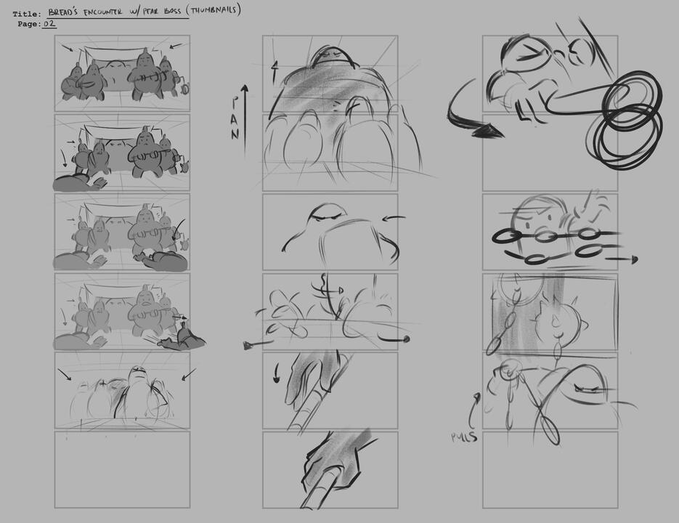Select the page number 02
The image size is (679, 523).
49,24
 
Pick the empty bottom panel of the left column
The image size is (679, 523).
122,469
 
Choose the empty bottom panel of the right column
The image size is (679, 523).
550,469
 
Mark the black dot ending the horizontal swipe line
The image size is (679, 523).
406,338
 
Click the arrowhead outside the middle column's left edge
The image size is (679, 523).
249,344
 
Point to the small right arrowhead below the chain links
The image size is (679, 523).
634,259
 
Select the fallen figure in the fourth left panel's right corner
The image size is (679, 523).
183,338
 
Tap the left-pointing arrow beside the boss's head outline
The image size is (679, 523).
391,218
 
